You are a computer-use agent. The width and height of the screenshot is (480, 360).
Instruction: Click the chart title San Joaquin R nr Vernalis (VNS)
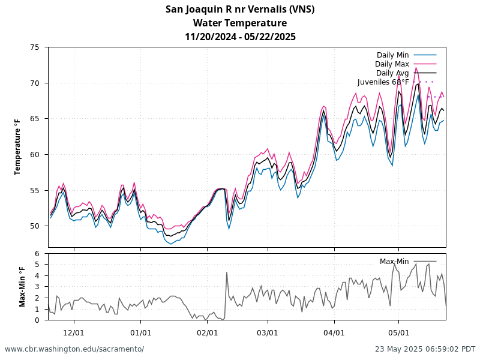240,10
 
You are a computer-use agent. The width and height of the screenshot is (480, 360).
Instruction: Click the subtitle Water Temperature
240,23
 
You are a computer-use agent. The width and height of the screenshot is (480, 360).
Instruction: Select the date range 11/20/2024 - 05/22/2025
240,37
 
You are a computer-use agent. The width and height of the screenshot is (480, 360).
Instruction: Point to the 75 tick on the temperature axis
35,47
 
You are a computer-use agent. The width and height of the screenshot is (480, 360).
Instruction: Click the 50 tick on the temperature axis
35,226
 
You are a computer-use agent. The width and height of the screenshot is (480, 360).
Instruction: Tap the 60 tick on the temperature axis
35,155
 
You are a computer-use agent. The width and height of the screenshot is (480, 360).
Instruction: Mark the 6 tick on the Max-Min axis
37,253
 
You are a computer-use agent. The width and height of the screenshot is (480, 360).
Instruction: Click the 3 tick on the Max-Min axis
37,287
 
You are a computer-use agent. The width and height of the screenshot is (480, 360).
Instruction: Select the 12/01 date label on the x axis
74,333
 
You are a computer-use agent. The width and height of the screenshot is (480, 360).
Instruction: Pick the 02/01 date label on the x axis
207,333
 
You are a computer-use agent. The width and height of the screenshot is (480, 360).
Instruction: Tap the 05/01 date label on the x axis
398,333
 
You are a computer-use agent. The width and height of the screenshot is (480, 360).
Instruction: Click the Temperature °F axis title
17,147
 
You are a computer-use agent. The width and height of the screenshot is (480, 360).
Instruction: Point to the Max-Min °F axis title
22,287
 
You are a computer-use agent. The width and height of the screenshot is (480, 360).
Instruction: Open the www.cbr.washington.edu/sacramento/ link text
74,349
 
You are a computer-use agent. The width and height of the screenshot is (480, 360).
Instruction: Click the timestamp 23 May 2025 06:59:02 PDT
425,349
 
